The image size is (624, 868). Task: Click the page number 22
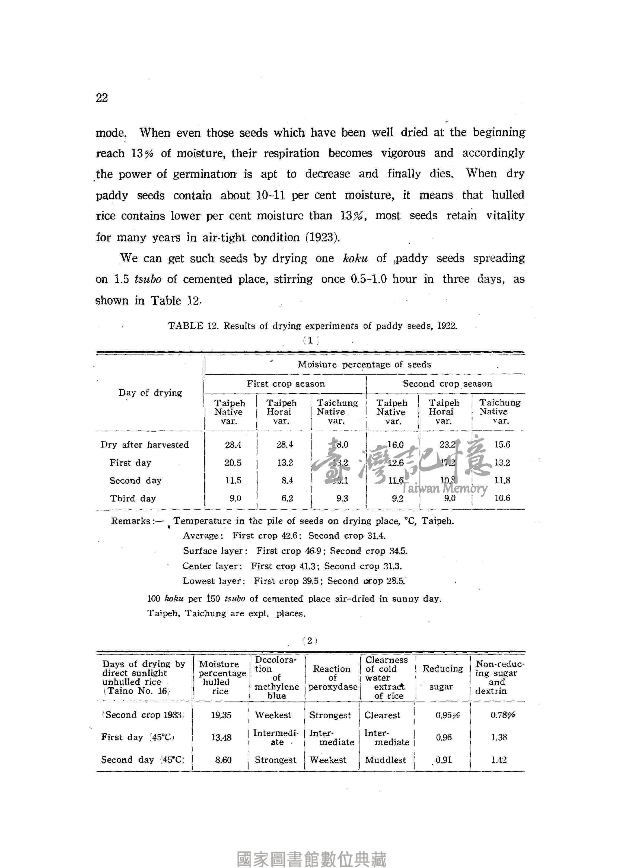click(102, 98)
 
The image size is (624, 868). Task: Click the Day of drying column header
click(150, 393)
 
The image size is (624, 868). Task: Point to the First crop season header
click(286, 384)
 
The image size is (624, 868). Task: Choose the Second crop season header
click(447, 384)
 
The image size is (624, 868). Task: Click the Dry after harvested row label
click(145, 445)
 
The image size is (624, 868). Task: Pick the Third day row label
click(133, 498)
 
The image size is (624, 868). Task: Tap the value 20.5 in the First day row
click(233, 463)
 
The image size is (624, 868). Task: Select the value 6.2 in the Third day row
click(287, 498)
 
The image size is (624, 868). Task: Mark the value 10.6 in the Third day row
click(502, 498)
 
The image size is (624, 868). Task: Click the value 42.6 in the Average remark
click(289, 536)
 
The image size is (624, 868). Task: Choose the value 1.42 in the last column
click(499, 760)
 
